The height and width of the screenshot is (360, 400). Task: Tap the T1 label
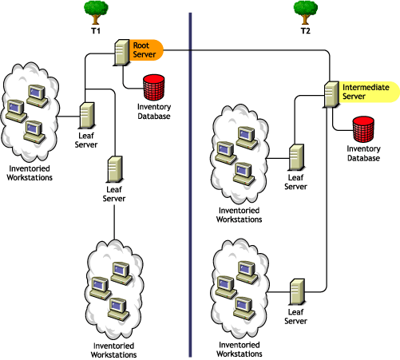96,30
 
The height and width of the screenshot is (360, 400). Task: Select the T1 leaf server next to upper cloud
88,115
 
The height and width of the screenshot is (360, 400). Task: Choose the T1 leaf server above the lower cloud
114,169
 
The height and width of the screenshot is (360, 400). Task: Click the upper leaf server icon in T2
296,156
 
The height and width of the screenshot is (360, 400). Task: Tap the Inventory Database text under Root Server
153,111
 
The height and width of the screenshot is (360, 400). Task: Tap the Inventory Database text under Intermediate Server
364,152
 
